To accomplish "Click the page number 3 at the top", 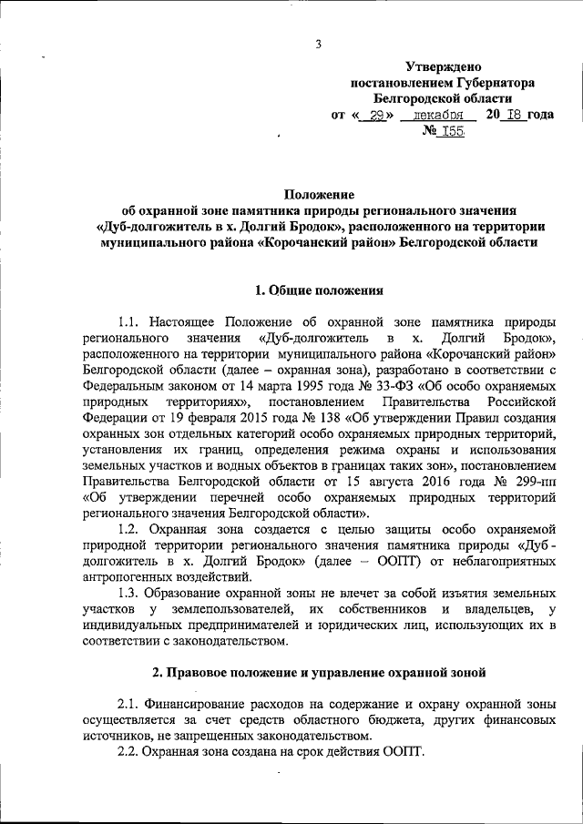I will (320, 44).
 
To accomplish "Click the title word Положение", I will (318, 195).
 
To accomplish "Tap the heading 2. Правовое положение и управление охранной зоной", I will (319, 672).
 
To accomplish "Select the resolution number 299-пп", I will (536, 481).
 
